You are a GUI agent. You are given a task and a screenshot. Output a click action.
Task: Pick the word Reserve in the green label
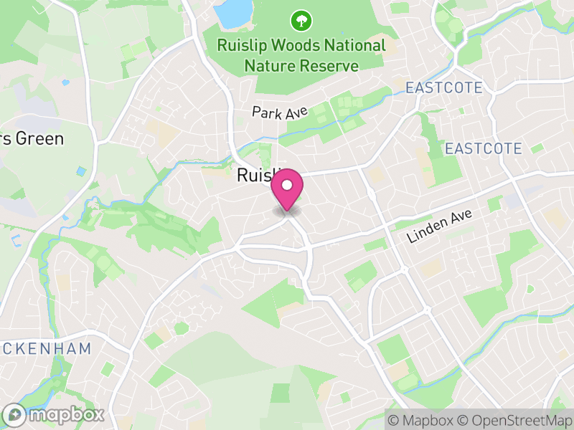330,66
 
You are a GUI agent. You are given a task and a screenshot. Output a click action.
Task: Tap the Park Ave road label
280,112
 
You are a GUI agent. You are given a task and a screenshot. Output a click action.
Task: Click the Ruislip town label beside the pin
255,176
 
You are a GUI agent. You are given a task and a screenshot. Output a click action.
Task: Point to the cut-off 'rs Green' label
32,138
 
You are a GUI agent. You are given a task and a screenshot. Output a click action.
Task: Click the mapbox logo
55,414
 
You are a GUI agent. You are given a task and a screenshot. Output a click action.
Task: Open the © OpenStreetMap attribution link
513,420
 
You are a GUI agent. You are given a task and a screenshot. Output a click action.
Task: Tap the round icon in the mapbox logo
14,414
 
